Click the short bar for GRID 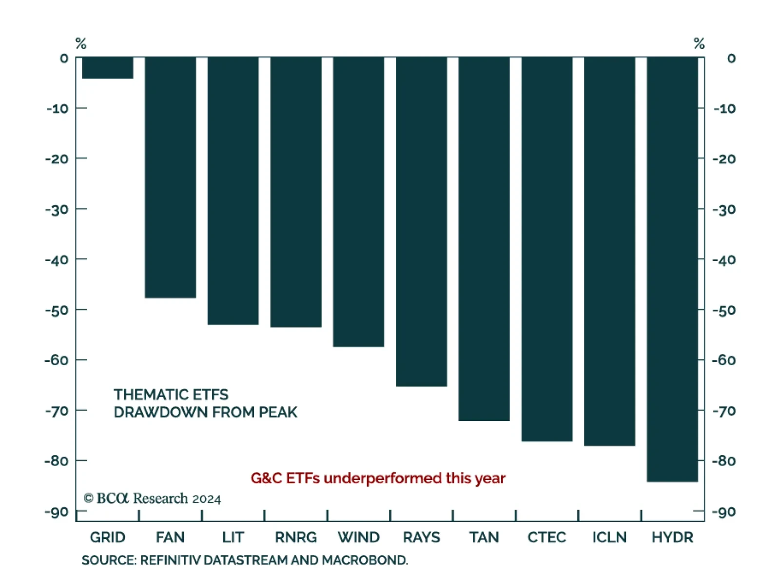pos(107,68)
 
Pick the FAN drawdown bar pos(170,178)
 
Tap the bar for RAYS pos(421,222)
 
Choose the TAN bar pos(484,239)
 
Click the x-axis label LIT pos(233,537)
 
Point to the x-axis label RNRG pos(296,537)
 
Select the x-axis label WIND pos(359,537)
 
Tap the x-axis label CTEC pos(546,537)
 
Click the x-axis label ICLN pos(609,537)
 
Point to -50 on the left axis pos(57,311)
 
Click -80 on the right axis pos(724,461)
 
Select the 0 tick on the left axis pos(64,59)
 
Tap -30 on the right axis pos(724,210)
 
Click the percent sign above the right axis pos(699,43)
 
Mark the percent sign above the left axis pos(81,43)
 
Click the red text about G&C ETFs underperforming pos(378,478)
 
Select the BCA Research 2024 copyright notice pos(152,498)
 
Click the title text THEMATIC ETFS pos(171,395)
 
